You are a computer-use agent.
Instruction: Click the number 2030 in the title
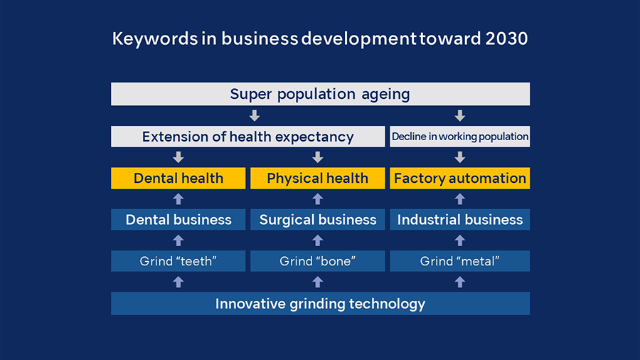pyautogui.click(x=506, y=39)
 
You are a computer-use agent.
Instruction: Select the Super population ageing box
pyautogui.click(x=321, y=94)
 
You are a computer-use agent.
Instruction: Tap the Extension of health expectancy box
pyautogui.click(x=247, y=137)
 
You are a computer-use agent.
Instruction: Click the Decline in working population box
pyautogui.click(x=460, y=137)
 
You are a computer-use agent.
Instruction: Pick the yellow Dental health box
pyautogui.click(x=178, y=178)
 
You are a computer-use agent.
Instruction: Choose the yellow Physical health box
pyautogui.click(x=318, y=178)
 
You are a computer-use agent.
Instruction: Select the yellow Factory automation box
pyautogui.click(x=460, y=178)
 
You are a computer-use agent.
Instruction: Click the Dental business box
pyautogui.click(x=178, y=220)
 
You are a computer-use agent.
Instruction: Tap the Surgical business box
pyautogui.click(x=318, y=220)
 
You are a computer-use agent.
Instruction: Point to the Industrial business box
pyautogui.click(x=460, y=220)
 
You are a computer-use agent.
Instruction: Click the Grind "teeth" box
pyautogui.click(x=178, y=261)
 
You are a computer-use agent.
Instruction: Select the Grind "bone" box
pyautogui.click(x=318, y=261)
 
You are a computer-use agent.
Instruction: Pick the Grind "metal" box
pyautogui.click(x=460, y=261)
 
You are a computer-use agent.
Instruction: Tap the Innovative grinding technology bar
pyautogui.click(x=321, y=303)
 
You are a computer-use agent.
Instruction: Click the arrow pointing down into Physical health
pyautogui.click(x=318, y=157)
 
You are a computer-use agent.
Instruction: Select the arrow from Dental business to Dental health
pyautogui.click(x=178, y=198)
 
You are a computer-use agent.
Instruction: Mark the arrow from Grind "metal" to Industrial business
pyautogui.click(x=460, y=240)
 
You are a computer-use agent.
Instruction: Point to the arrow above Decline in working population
pyautogui.click(x=460, y=115)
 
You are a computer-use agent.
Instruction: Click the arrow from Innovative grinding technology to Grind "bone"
pyautogui.click(x=318, y=282)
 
